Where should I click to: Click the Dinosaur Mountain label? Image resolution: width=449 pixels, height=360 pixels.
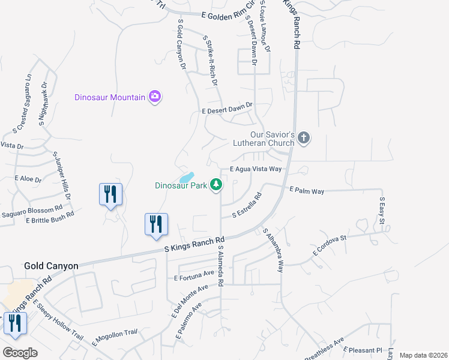110,97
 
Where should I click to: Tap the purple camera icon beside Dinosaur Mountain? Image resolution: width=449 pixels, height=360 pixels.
155,97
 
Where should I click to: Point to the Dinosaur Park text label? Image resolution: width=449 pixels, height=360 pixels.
180,185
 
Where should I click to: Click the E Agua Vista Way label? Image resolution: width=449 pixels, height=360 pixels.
256,169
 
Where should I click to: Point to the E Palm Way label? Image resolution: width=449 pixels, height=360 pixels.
307,191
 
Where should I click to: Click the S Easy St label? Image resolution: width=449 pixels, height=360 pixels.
381,211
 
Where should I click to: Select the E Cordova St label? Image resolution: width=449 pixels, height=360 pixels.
330,246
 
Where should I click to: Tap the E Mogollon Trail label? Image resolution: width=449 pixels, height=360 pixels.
115,337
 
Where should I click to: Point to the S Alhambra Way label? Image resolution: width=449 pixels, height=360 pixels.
273,250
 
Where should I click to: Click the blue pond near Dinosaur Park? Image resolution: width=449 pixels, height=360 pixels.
186,178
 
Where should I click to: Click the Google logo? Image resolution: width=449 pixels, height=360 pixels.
20,353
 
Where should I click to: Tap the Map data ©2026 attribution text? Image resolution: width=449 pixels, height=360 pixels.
423,355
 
